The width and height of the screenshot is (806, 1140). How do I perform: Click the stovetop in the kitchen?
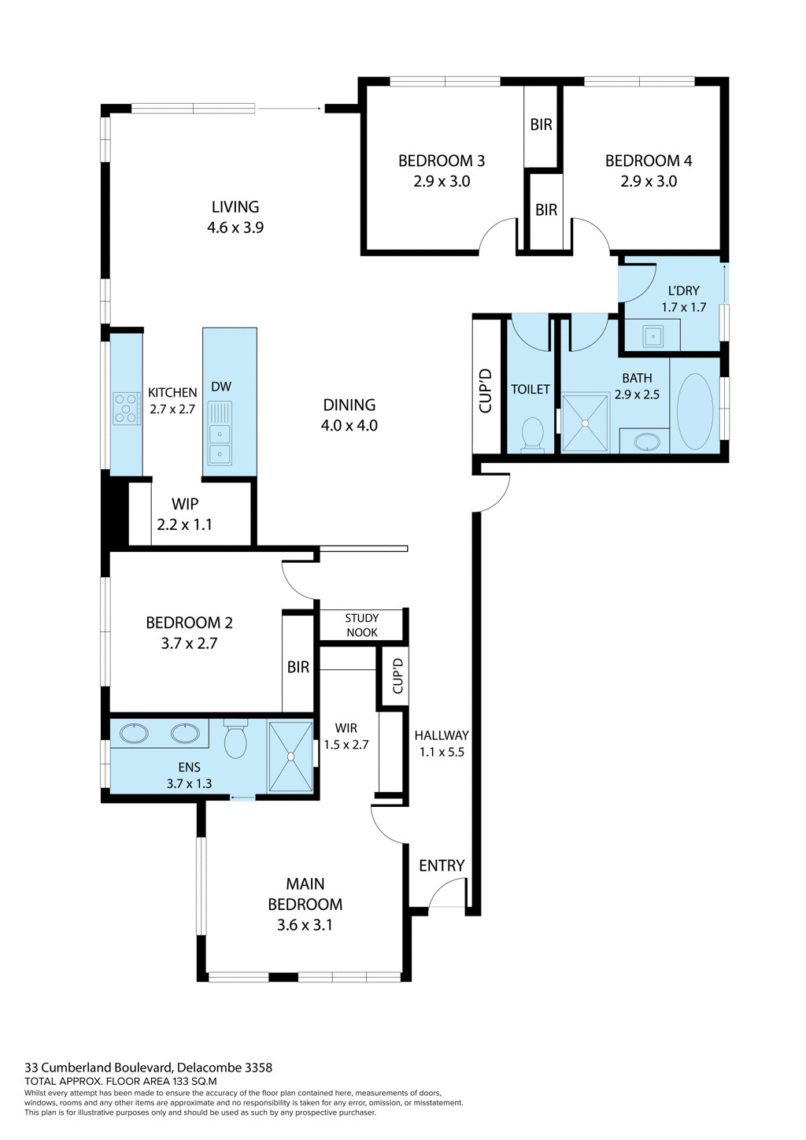coord(125,409)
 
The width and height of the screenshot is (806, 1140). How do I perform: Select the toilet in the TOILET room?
coord(533,434)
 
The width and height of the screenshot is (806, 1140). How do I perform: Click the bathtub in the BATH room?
coord(695,411)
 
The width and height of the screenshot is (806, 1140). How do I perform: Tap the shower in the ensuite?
coord(290,757)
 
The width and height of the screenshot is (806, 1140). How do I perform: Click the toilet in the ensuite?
coord(235,740)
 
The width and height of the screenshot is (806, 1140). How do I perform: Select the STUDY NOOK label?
coord(362,625)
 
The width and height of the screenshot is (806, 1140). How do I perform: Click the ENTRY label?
coord(442,866)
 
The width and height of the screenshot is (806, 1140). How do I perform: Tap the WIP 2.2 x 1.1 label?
coord(185,514)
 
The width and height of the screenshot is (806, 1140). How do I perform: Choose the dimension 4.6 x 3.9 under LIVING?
coord(235,228)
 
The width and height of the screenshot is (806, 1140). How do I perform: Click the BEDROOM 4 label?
coord(648,161)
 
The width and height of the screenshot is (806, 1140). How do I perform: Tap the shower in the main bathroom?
coord(586,423)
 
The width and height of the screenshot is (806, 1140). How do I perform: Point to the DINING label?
coord(349,405)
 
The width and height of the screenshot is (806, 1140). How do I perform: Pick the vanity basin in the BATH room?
coord(646,441)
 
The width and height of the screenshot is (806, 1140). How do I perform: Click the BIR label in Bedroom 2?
coord(298,667)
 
